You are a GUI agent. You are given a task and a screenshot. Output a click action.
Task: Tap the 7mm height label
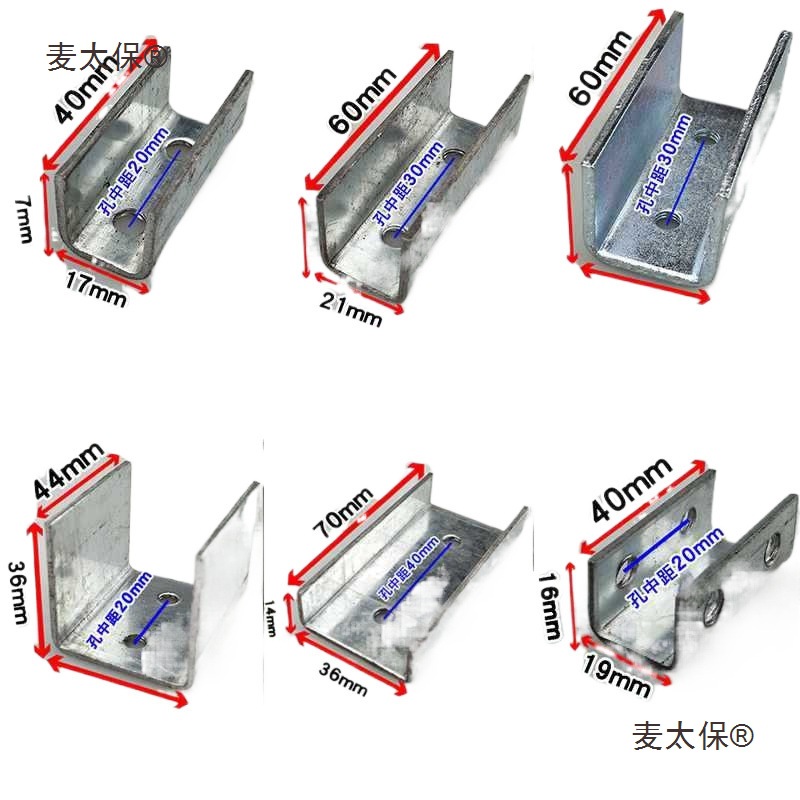coord(22,218)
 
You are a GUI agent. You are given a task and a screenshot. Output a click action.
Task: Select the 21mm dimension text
coord(350,311)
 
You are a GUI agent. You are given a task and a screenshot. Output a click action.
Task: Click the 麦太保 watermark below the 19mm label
coord(691,737)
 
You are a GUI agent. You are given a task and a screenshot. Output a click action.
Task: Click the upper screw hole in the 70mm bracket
coord(454,541)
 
